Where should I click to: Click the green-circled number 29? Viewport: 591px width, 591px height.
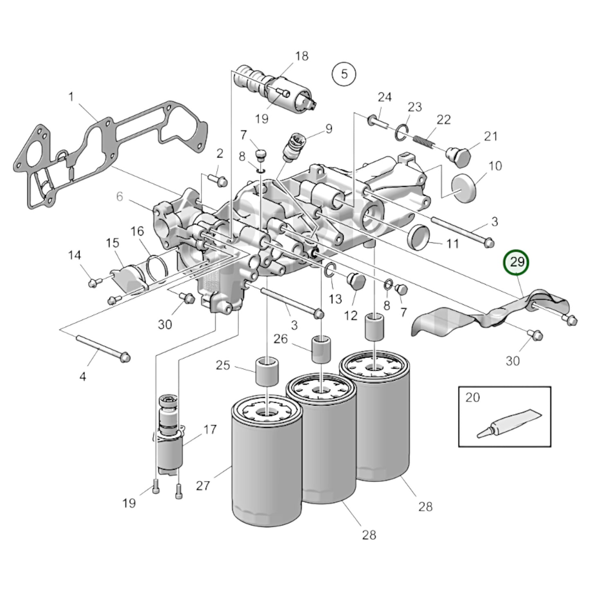[517, 262]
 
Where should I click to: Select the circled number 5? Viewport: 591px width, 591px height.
[344, 74]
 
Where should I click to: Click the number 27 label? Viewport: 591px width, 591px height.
[203, 485]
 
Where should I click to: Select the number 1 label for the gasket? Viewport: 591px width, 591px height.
[71, 97]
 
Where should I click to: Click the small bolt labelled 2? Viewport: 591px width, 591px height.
[217, 179]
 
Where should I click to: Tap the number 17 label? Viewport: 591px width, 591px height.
[210, 429]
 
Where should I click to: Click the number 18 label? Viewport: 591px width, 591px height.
[301, 56]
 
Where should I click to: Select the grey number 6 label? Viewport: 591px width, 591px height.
[119, 197]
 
